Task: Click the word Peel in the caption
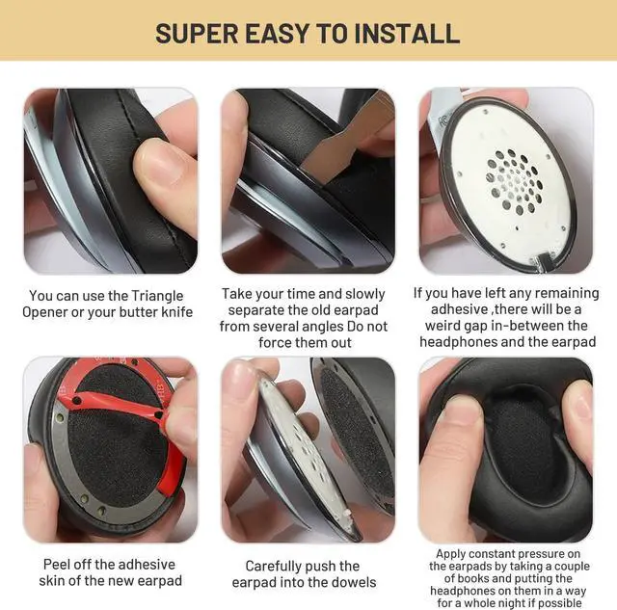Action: click(62, 563)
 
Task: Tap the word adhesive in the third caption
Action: click(449, 309)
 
